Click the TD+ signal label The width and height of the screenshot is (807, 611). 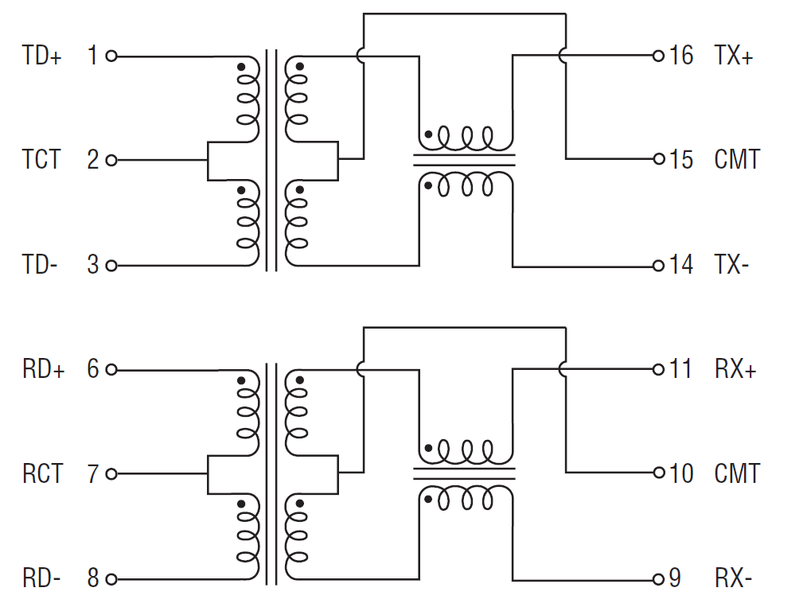(42, 56)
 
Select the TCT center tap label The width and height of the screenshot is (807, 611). (41, 160)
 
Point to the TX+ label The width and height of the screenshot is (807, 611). (734, 56)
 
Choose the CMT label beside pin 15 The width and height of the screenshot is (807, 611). (737, 160)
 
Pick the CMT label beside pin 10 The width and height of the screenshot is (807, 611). (737, 474)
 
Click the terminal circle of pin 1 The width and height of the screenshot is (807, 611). (111, 56)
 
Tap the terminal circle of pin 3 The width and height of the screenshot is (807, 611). (111, 266)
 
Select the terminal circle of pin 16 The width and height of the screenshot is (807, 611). (658, 56)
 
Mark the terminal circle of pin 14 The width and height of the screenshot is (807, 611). (658, 266)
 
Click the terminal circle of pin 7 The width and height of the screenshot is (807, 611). (111, 474)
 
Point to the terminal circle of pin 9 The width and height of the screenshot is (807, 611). (658, 578)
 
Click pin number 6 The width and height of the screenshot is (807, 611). (93, 370)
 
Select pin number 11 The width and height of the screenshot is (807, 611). (680, 370)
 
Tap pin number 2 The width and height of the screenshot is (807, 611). (93, 160)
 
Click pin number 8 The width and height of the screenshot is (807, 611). (93, 578)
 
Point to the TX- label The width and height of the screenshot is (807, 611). (732, 265)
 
